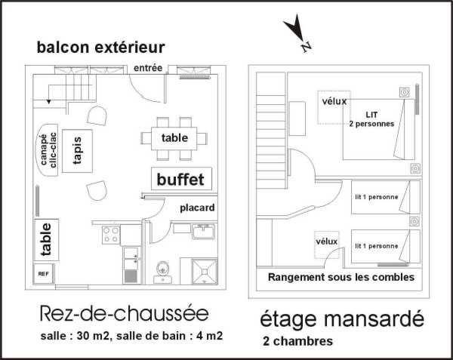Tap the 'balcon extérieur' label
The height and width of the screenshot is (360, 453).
pos(101,47)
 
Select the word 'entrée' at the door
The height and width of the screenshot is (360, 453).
pos(148,68)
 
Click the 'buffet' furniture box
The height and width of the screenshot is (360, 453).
pos(181,179)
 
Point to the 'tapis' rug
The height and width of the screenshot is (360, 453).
pos(78,151)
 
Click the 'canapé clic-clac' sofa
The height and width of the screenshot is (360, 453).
pos(48,150)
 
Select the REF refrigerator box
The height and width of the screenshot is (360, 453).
pos(43,273)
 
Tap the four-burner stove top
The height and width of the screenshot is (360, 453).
pos(111,235)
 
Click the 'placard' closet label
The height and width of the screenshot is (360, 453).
pos(197,208)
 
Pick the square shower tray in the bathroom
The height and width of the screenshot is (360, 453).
pos(205,272)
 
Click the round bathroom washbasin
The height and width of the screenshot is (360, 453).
pos(162,269)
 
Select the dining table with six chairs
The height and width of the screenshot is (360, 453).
pos(174,138)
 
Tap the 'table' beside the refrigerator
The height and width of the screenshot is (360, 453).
pos(46,239)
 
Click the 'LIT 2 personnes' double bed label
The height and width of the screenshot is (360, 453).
pos(371,119)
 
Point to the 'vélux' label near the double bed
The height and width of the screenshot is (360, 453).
pos(334,101)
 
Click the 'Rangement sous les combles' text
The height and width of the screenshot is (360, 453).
pos(341,277)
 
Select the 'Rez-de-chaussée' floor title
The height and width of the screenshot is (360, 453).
pos(125,313)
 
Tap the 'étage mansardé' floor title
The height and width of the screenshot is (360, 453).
pos(342,319)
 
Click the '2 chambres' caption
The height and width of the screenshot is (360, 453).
pos(298,341)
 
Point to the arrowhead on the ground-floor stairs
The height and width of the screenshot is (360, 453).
pos(49,102)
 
